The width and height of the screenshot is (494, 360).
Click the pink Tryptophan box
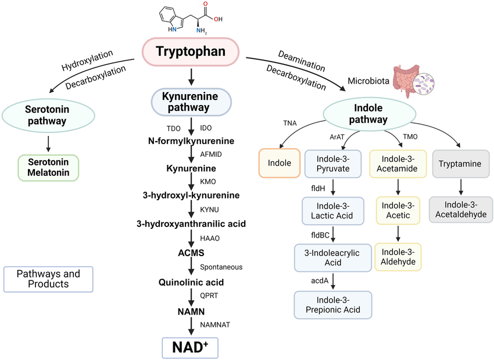click(191, 51)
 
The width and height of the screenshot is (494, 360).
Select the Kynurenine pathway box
click(191, 102)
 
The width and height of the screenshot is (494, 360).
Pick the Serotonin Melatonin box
click(48, 167)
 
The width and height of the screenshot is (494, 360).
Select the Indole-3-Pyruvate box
click(333, 163)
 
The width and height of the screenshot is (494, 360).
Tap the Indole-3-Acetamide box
click(398, 163)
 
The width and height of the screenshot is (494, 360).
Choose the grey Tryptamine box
click(461, 164)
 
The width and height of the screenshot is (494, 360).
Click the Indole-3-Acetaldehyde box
click(461, 210)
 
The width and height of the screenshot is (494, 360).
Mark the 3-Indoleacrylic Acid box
click(333, 257)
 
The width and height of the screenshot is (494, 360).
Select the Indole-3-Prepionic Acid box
click(333, 304)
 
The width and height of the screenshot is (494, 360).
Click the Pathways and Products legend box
click(48, 279)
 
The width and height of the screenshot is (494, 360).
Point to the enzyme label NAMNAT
click(215, 325)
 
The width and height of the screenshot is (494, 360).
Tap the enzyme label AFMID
click(212, 154)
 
